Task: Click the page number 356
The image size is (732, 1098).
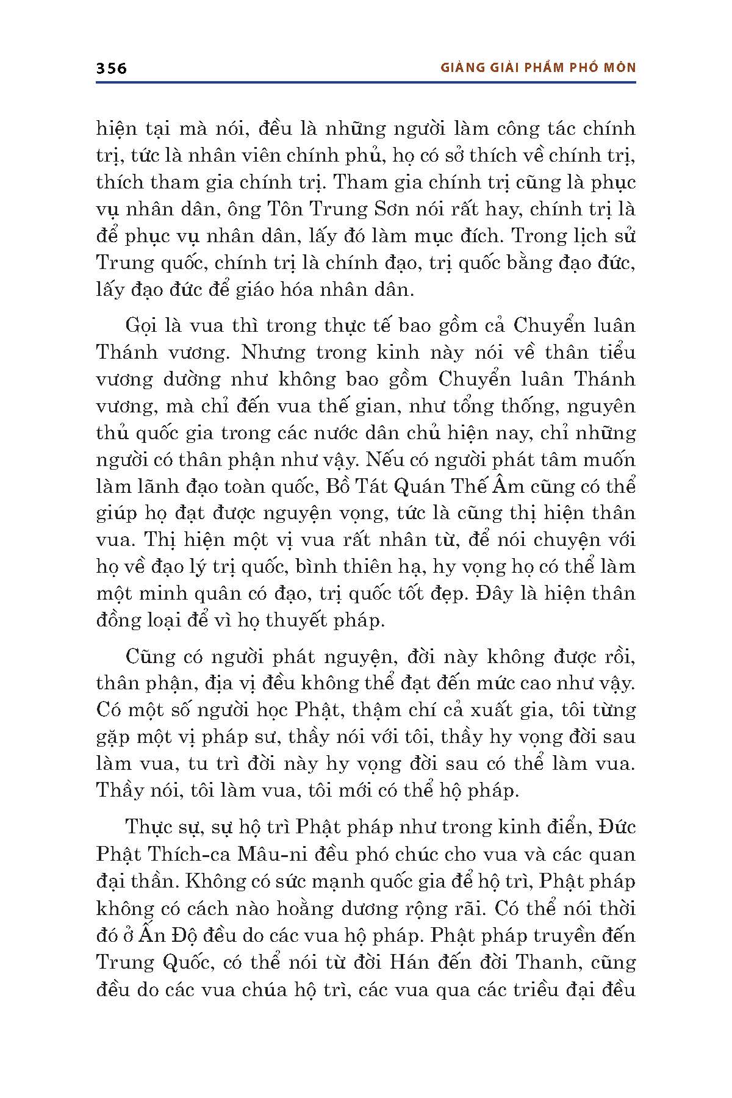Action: [x=111, y=68]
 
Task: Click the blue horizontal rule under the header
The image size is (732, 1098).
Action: [x=366, y=81]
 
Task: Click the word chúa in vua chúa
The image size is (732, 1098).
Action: [x=274, y=989]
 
